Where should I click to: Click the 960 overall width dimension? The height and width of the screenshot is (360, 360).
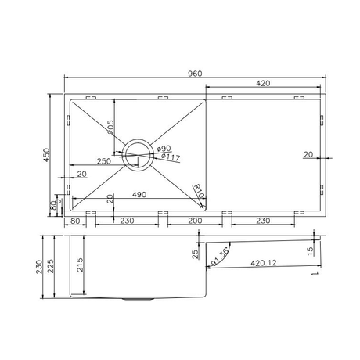(x=195, y=74)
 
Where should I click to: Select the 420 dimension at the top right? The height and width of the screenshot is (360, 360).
(x=262, y=82)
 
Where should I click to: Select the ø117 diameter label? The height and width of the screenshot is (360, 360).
(x=168, y=157)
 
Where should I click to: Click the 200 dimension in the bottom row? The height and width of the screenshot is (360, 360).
(x=196, y=221)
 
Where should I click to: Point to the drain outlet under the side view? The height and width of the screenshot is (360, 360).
(x=138, y=299)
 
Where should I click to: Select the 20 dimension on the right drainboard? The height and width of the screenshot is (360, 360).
(x=308, y=155)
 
